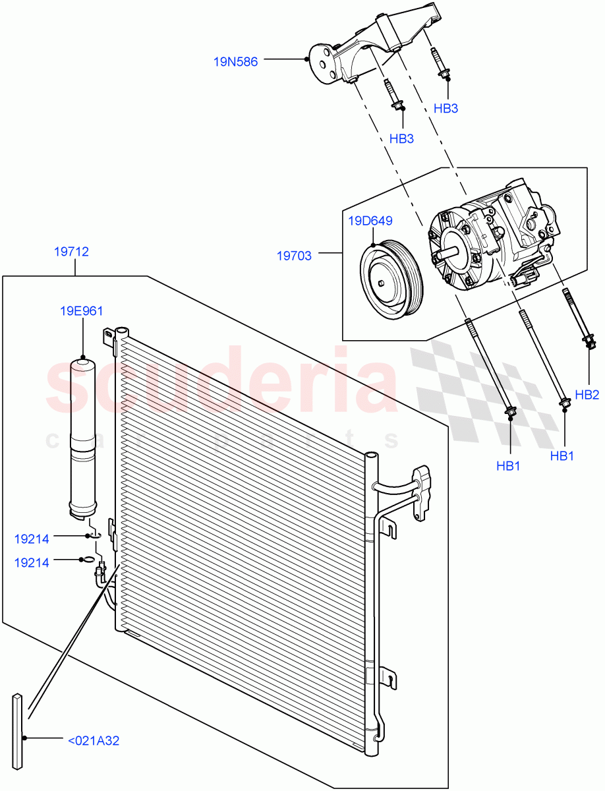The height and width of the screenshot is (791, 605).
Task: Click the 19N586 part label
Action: tap(235, 62)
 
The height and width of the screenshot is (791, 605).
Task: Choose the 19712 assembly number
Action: tap(74, 252)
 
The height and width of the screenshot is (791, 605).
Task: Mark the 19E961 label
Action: tap(82, 311)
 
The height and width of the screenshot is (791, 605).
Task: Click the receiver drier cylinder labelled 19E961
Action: tap(84, 435)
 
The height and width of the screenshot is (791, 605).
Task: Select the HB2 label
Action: tap(587, 395)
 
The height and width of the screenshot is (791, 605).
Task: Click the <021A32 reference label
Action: tap(94, 741)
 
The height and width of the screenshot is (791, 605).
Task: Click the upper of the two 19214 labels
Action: tap(32, 539)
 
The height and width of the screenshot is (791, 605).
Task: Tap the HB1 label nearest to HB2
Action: tap(563, 455)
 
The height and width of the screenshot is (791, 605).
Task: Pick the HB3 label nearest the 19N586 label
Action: tap(401, 139)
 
